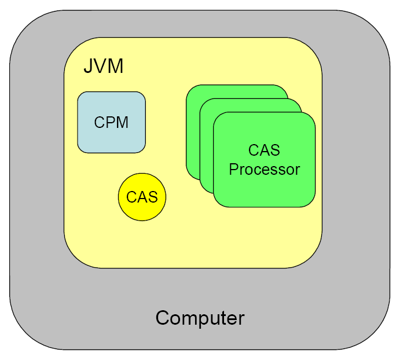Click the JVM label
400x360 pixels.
(104, 66)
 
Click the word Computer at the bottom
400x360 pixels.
(200, 318)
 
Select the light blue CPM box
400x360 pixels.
(111, 122)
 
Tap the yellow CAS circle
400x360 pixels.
(142, 197)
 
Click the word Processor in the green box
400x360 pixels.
(264, 170)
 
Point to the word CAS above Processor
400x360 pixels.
(264, 150)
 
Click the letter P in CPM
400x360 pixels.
(111, 123)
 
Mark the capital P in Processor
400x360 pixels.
(233, 170)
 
